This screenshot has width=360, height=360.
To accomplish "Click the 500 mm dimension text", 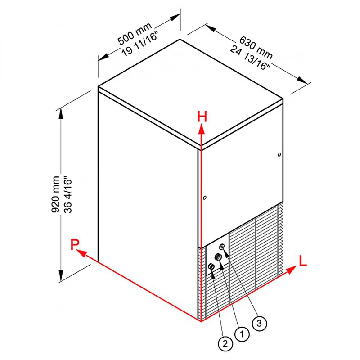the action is tap(135, 33).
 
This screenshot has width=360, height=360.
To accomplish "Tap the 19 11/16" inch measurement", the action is tap(140, 44).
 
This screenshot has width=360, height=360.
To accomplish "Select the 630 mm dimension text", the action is tap(256, 47).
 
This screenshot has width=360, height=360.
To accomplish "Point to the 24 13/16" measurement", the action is tap(250, 58).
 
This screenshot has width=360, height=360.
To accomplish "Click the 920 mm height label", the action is tap(55, 194).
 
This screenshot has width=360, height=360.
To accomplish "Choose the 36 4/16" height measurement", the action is tap(68, 194).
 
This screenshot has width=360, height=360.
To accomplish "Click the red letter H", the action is tap(202, 117).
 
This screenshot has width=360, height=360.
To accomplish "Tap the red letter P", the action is tap(75, 244).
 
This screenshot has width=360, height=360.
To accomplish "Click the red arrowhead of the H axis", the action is tap(201, 129).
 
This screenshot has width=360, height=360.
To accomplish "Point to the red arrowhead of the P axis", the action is tap(81, 253).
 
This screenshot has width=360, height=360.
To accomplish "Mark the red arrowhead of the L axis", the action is tap(291, 270).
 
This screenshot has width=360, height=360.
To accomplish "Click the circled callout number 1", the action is tap(242, 334).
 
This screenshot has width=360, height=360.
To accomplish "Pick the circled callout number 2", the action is tap(225, 344).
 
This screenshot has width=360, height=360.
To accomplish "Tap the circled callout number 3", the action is tap(260, 324).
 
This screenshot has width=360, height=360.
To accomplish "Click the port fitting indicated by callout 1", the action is tap(218, 257).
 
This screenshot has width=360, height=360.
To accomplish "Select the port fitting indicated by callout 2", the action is tap(211, 266).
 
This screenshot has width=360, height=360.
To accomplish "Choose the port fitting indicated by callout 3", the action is tap(222, 247).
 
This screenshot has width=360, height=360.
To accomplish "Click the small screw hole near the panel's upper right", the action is tap(279, 154).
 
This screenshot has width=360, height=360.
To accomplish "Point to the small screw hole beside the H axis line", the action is tap(205, 198).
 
